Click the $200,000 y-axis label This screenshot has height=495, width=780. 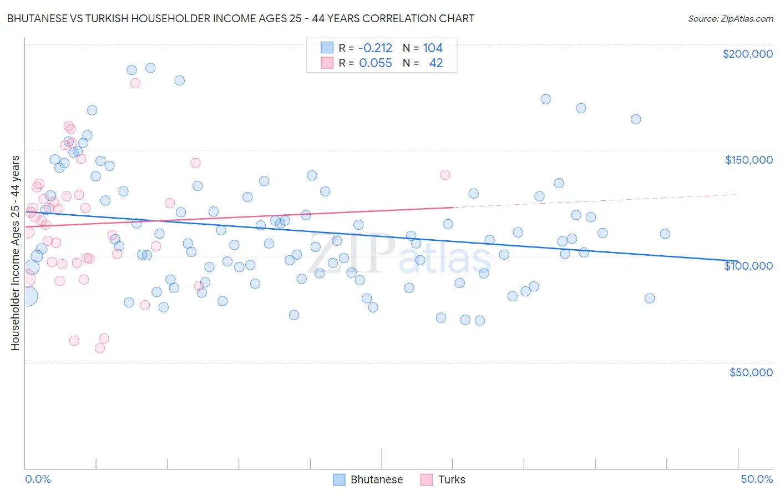click(x=747, y=54)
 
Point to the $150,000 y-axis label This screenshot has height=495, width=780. click(x=748, y=160)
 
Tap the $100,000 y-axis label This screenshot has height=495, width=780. click(x=748, y=266)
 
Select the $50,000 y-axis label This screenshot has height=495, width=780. click(x=751, y=372)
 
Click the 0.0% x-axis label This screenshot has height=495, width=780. click(x=38, y=479)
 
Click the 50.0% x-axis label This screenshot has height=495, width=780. click(x=757, y=479)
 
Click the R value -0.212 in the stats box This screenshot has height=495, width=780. click(x=375, y=48)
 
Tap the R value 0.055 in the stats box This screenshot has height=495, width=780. click(x=375, y=63)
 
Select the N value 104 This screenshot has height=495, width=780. click(x=433, y=48)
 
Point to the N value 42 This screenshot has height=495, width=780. click(x=436, y=63)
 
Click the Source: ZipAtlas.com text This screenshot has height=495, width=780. click(x=730, y=18)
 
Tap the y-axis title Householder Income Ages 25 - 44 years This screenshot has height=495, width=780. click(x=15, y=253)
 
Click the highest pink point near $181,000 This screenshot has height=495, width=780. click(x=135, y=83)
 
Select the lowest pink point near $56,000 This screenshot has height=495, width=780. click(x=100, y=348)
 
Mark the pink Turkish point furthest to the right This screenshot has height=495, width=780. click(x=445, y=175)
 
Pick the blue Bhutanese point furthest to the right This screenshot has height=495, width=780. click(x=665, y=234)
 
